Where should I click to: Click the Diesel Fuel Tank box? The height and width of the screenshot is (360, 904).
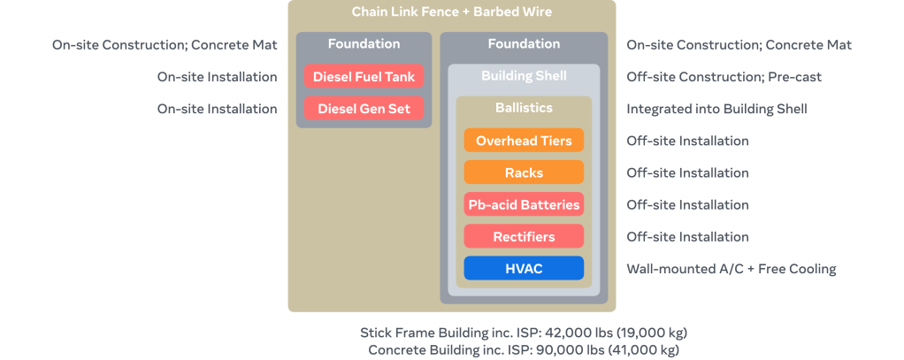[x=364, y=77]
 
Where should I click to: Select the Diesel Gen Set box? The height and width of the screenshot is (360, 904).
[x=364, y=109]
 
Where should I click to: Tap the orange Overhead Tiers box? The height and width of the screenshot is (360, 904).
[x=524, y=141]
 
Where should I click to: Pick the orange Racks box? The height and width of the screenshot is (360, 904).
[x=524, y=172]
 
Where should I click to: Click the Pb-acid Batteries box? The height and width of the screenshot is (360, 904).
[x=524, y=204]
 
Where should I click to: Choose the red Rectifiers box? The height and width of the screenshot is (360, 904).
[x=524, y=236]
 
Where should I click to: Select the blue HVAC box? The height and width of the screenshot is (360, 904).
[x=524, y=268]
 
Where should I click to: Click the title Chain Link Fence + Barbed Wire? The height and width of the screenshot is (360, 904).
[x=451, y=12]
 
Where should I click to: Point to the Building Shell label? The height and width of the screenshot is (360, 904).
[x=524, y=76]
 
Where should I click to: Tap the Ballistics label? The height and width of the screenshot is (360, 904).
[x=524, y=108]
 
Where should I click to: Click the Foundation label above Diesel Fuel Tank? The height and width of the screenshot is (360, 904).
[x=364, y=44]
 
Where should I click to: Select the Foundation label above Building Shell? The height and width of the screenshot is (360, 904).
[x=524, y=44]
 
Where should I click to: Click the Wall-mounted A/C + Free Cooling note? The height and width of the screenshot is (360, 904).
[x=731, y=269]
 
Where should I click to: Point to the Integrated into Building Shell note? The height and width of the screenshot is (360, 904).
[x=716, y=109]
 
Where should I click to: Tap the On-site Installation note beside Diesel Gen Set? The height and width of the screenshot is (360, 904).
[x=217, y=109]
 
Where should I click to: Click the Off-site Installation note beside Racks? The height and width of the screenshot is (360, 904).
[x=687, y=172]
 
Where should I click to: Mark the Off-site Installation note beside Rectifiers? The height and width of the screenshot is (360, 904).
[x=687, y=237]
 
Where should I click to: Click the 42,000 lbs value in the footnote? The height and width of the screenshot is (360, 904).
[x=574, y=333]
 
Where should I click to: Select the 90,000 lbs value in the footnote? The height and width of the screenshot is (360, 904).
[x=568, y=349]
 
